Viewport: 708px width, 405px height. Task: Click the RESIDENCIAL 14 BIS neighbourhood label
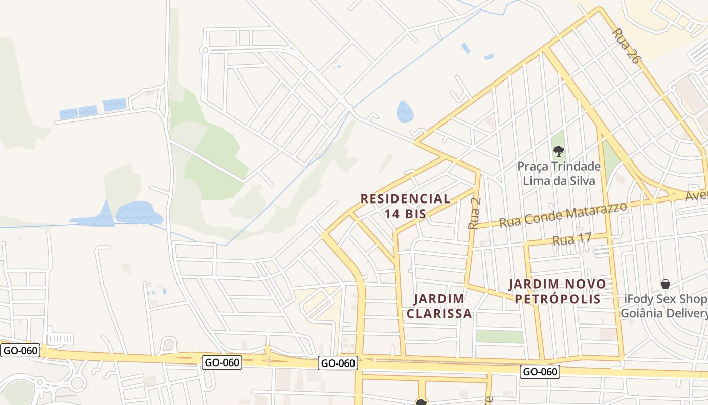click(405, 206)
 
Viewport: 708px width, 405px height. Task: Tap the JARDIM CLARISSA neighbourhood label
click(439, 306)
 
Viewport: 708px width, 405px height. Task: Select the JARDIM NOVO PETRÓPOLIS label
click(557, 291)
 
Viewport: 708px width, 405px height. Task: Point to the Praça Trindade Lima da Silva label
click(559, 173)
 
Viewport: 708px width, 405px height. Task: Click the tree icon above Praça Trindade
click(558, 150)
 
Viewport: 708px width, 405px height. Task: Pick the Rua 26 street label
click(626, 46)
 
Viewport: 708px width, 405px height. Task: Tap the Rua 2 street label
click(475, 213)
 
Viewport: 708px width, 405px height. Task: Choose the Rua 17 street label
click(571, 239)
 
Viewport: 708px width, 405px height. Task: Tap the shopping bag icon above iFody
click(665, 284)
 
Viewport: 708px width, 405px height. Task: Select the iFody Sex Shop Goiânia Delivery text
click(663, 306)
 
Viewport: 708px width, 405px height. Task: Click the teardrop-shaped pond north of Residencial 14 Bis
click(405, 112)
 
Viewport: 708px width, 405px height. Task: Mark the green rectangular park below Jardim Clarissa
click(500, 336)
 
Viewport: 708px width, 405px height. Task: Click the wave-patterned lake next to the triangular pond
click(139, 213)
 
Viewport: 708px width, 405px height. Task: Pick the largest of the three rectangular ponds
click(115, 104)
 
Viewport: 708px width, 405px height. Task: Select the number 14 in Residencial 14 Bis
click(392, 214)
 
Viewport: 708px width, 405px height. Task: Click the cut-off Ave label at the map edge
click(696, 195)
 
